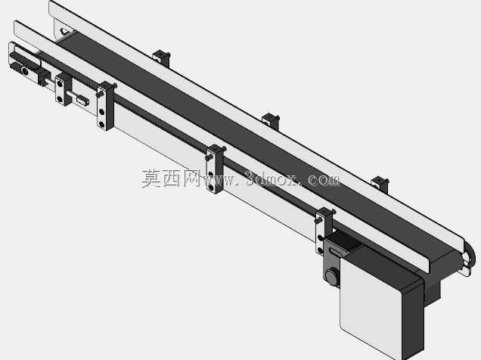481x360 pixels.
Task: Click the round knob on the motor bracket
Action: (332, 276)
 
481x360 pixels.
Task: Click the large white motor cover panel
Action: (371, 307)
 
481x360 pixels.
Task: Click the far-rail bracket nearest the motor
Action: (380, 185)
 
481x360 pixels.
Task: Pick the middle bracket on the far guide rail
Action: (271, 121)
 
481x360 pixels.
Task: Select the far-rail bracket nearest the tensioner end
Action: (161, 58)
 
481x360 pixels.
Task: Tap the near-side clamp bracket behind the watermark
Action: (215, 169)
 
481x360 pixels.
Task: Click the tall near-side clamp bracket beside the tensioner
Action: (105, 105)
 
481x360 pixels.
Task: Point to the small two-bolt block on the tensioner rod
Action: (64, 89)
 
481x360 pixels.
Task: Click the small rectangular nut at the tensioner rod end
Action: (83, 101)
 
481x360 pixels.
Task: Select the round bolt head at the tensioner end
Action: (25, 71)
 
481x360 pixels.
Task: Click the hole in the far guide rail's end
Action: (64, 31)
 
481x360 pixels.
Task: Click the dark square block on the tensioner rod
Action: (44, 76)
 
